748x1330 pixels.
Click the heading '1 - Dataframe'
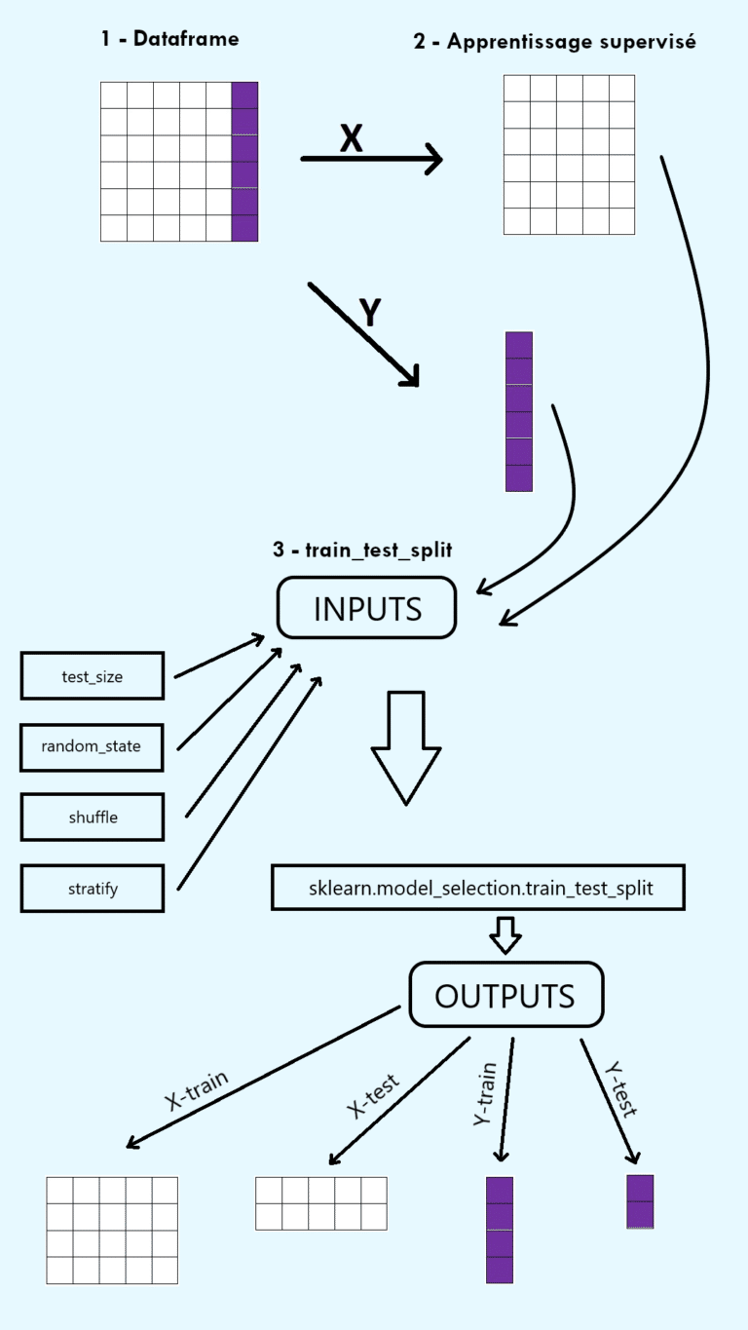[170, 39]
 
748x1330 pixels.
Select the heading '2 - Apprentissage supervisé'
[554, 43]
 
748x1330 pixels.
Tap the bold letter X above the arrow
[351, 139]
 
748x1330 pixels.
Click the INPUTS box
[367, 608]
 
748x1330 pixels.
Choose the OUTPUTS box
[505, 995]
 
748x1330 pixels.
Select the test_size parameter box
[92, 676]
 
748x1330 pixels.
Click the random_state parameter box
[92, 746]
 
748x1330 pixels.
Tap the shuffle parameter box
[92, 817]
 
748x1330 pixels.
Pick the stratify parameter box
[92, 888]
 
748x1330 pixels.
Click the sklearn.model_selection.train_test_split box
[477, 888]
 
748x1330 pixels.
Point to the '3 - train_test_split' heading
[362, 550]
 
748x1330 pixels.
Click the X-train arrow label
[197, 1090]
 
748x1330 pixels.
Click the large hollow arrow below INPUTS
[406, 745]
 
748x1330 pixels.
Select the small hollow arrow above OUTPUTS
[505, 934]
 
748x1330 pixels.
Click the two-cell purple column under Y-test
[640, 1201]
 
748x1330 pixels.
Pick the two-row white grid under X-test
[320, 1203]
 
